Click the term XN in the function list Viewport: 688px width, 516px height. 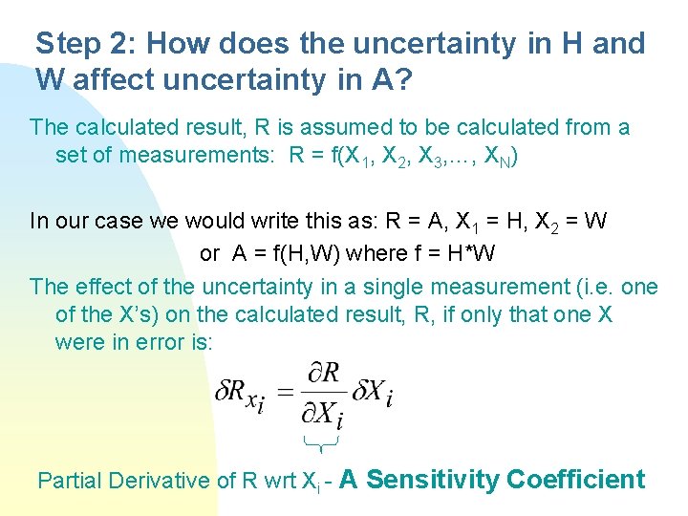pos(498,157)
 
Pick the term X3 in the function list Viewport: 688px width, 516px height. pos(434,156)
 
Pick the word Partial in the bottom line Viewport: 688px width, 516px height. pos(70,481)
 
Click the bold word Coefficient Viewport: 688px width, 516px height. pos(576,480)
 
